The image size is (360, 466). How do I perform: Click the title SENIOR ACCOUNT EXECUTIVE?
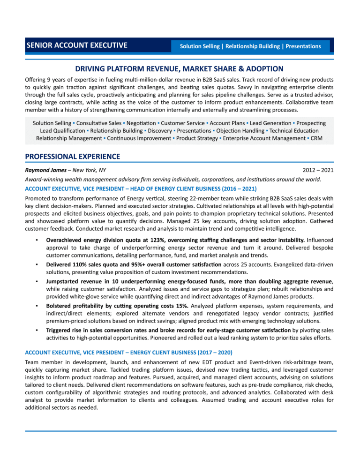76,45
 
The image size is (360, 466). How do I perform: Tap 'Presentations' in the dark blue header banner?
303,46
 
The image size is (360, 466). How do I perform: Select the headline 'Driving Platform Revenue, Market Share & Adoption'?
180,68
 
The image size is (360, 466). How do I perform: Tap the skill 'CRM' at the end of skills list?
316,138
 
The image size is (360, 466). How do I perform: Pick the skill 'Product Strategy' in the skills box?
196,138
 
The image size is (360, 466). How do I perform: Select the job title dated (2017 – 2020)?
128,352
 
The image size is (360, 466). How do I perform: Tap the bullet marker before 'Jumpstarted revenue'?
36,281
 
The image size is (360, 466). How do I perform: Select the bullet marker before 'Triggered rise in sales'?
36,331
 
